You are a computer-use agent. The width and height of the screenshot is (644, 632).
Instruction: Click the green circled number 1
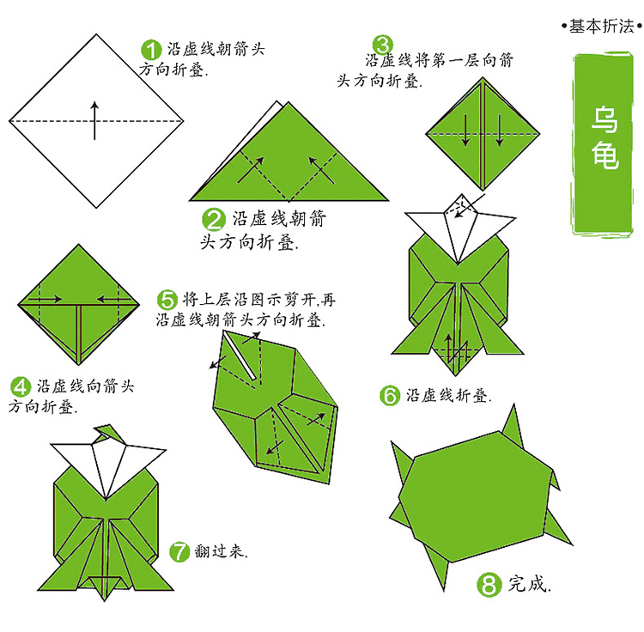click(151, 50)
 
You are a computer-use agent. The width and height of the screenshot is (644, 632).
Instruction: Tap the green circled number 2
click(214, 219)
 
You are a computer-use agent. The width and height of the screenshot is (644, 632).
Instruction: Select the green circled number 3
click(383, 45)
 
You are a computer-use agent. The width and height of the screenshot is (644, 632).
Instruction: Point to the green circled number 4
click(21, 387)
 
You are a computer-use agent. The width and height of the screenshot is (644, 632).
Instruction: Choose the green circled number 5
click(167, 300)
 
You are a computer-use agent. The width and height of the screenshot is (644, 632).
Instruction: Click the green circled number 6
click(390, 396)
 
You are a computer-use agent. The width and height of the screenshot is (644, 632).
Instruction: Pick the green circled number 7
click(179, 551)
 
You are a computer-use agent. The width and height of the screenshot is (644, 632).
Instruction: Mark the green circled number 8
click(489, 585)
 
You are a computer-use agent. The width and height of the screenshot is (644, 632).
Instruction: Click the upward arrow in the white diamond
click(94, 121)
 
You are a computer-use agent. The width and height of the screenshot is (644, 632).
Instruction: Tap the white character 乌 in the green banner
click(605, 119)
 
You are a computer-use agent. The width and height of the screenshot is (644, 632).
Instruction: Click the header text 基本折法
click(601, 27)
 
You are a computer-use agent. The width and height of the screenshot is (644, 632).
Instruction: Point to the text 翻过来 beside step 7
click(221, 551)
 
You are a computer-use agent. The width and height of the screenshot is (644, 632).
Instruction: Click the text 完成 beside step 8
click(529, 584)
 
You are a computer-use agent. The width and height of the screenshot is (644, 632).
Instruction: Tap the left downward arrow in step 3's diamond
click(465, 131)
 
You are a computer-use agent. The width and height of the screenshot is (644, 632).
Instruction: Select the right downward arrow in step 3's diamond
click(499, 131)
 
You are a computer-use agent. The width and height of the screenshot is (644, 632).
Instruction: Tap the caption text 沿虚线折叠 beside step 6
click(448, 396)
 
